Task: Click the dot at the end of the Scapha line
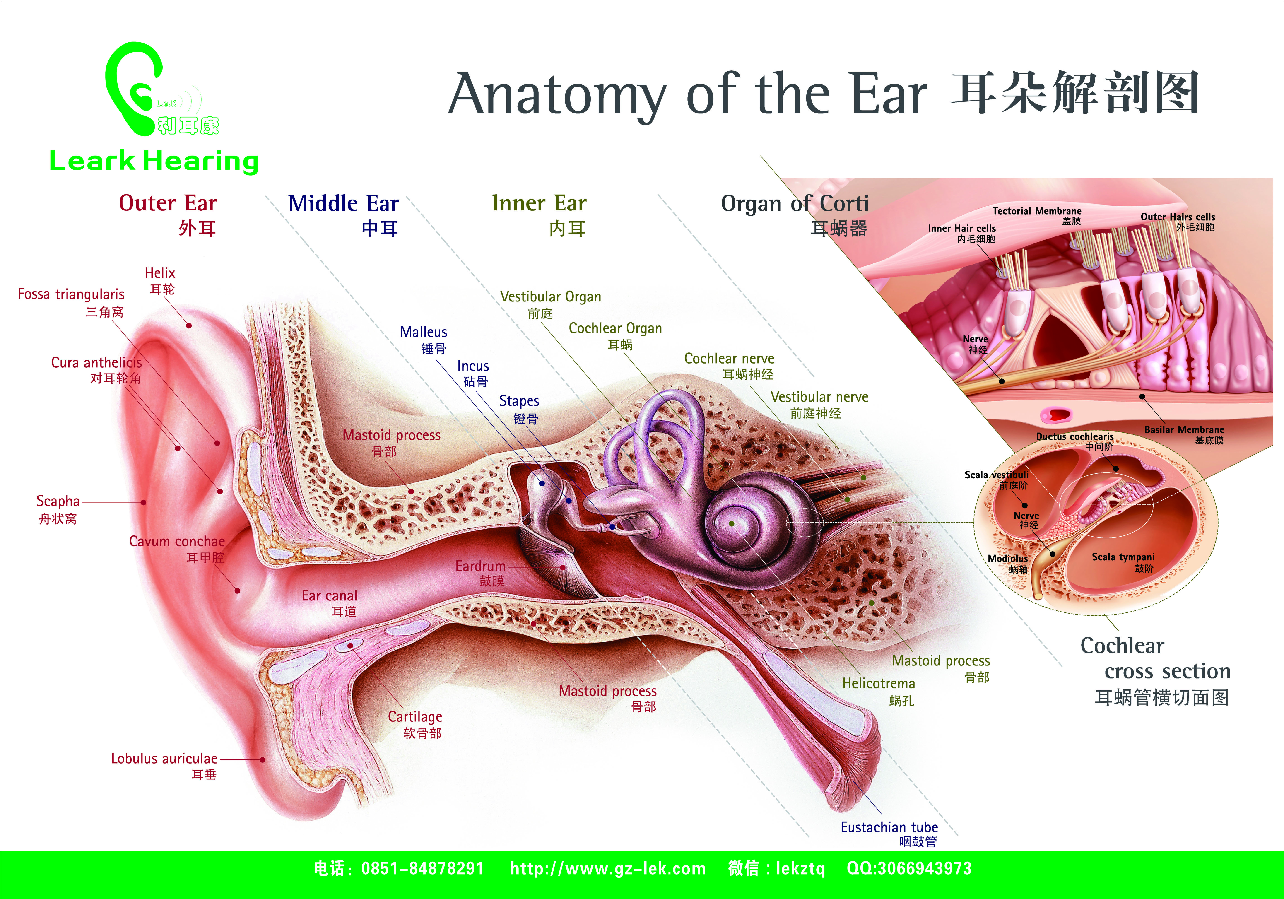[x=144, y=502]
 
